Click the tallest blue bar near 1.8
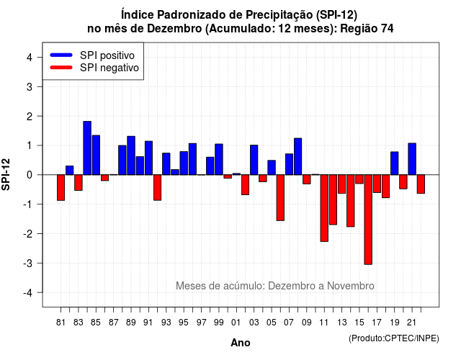pyautogui.click(x=87, y=148)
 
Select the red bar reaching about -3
pyautogui.click(x=368, y=220)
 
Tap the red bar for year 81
pyautogui.click(x=61, y=187)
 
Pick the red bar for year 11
pyautogui.click(x=324, y=208)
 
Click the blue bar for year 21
pyautogui.click(x=412, y=159)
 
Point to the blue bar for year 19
pyautogui.click(x=395, y=163)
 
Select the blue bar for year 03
pyautogui.click(x=254, y=160)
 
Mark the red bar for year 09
pyautogui.click(x=307, y=179)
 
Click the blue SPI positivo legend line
pyautogui.click(x=61, y=55)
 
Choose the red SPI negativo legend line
pyautogui.click(x=61, y=68)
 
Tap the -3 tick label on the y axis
pyautogui.click(x=27, y=263)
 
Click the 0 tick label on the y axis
pyautogui.click(x=30, y=175)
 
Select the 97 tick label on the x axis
pyautogui.click(x=202, y=323)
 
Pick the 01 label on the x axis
pyautogui.click(x=236, y=323)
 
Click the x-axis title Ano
pyautogui.click(x=241, y=343)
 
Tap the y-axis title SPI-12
pyautogui.click(x=6, y=174)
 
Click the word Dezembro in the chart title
pyautogui.click(x=174, y=29)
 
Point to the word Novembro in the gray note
pyautogui.click(x=351, y=286)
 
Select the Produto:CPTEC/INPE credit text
pyautogui.click(x=394, y=338)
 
